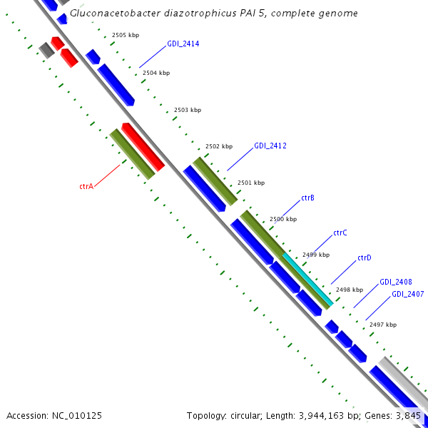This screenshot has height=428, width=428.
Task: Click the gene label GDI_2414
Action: click(x=183, y=44)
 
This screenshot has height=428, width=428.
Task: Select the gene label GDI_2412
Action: click(x=270, y=146)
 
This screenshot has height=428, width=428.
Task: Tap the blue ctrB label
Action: click(x=307, y=198)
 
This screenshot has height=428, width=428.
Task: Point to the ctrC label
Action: click(x=340, y=233)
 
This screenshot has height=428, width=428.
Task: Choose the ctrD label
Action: click(x=364, y=258)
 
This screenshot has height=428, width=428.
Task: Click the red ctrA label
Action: click(x=86, y=186)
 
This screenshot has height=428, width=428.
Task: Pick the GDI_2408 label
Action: click(x=395, y=282)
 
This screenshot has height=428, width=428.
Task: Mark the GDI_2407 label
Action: click(x=407, y=295)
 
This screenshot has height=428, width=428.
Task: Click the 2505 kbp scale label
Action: click(x=126, y=35)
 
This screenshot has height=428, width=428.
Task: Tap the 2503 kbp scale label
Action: click(x=188, y=111)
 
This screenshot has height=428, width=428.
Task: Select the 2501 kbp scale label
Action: click(x=250, y=183)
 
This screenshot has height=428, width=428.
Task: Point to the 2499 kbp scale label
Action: click(x=315, y=255)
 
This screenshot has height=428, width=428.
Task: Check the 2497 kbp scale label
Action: click(x=382, y=325)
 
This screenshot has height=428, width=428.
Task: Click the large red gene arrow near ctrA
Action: click(x=143, y=147)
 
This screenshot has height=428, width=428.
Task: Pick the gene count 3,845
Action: click(x=409, y=415)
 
